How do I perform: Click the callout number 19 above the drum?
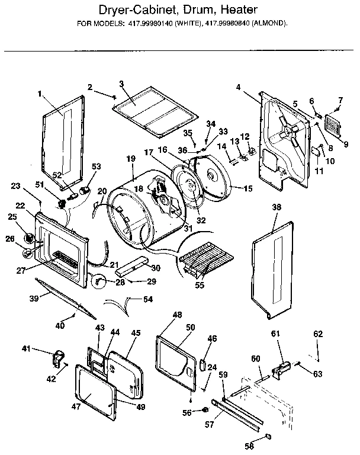pyautogui.click(x=131, y=159)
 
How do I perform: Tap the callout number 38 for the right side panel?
pyautogui.click(x=275, y=208)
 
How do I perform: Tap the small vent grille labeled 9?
pyautogui.click(x=332, y=126)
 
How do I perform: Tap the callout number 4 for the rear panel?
pyautogui.click(x=237, y=87)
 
